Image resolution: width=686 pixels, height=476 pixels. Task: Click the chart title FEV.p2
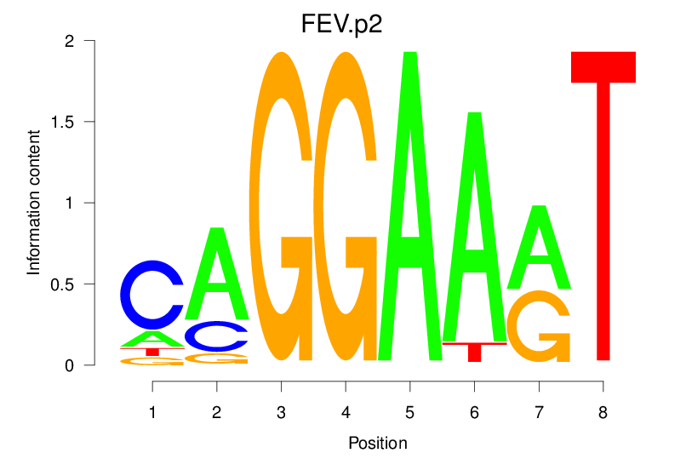342,24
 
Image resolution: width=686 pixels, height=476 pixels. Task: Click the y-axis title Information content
34,203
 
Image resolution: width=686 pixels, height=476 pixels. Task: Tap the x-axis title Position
377,443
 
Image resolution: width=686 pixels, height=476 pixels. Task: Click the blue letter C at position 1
151,295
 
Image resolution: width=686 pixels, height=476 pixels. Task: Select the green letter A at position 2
217,272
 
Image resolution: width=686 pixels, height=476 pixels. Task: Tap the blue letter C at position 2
217,336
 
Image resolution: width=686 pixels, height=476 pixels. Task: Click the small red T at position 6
474,349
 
